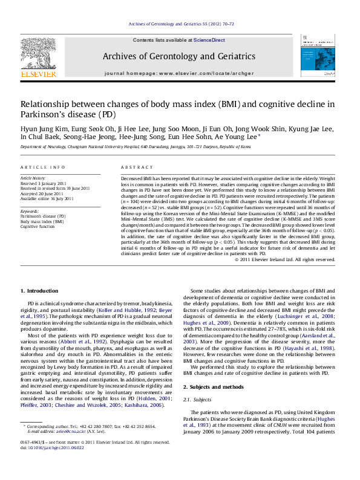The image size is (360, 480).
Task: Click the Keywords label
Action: click(x=30, y=210)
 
